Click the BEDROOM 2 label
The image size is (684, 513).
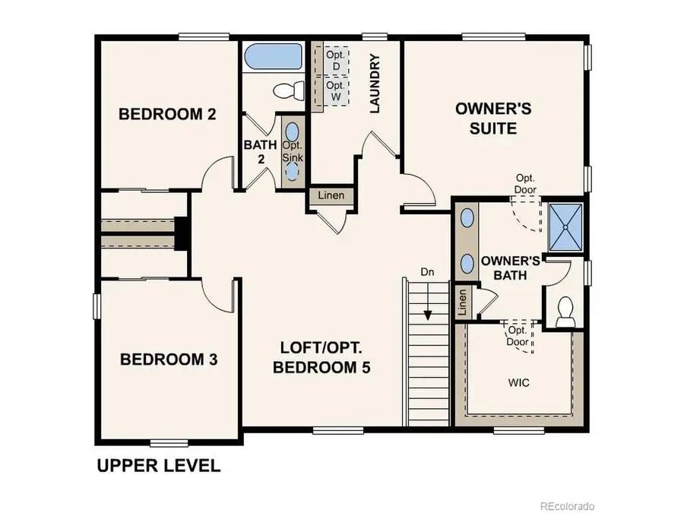(x=168, y=115)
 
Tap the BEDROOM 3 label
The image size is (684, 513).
(x=169, y=359)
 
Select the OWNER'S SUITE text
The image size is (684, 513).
(x=492, y=118)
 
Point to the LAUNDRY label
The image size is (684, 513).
(x=375, y=84)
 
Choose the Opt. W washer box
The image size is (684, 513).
(x=335, y=91)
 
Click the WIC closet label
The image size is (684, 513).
(x=519, y=382)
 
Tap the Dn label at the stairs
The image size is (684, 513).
(x=428, y=271)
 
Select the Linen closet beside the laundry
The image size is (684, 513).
(x=331, y=195)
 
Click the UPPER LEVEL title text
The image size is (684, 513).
(x=158, y=466)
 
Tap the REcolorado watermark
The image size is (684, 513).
(x=567, y=505)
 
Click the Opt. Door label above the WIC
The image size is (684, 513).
(x=518, y=335)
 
